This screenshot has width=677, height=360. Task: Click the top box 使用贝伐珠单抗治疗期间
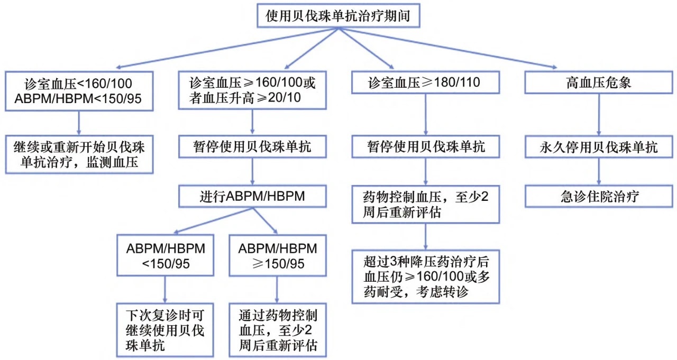click(338, 16)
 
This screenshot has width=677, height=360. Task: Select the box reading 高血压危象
click(598, 82)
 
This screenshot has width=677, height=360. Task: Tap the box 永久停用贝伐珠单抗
click(598, 147)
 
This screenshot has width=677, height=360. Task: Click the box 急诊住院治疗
click(598, 196)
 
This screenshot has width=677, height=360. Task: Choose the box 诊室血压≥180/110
click(426, 82)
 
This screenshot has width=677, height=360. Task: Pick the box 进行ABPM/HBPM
click(252, 196)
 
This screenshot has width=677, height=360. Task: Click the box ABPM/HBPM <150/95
click(166, 255)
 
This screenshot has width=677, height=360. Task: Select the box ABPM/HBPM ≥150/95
click(278, 255)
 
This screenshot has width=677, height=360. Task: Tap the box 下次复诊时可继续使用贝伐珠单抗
click(165, 330)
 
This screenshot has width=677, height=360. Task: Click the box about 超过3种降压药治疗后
click(426, 276)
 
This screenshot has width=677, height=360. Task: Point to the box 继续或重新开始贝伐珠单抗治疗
click(79, 154)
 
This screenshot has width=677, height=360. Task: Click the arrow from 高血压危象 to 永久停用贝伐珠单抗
click(599, 115)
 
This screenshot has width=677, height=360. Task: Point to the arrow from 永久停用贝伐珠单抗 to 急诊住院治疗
click(599, 172)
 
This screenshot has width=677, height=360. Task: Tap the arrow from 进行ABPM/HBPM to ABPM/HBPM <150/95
click(213, 220)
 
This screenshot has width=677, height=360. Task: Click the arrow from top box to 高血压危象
click(447, 48)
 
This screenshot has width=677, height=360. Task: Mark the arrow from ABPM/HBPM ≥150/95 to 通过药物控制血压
click(277, 290)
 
